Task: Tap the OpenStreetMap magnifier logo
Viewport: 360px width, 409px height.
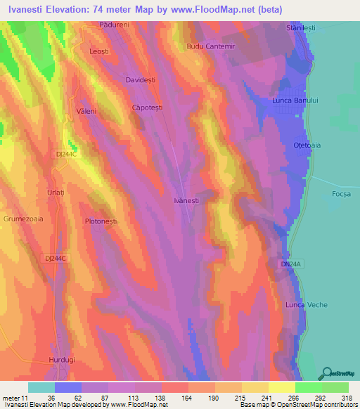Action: coord(326,372)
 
